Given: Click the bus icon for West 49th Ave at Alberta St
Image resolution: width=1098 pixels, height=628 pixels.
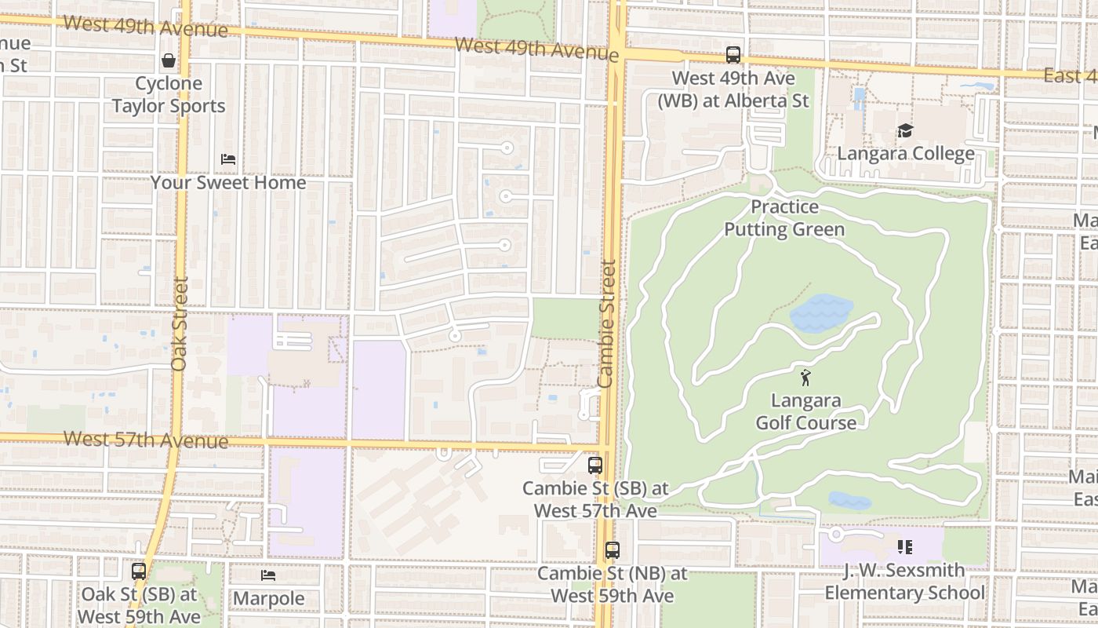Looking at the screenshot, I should pyautogui.click(x=733, y=55).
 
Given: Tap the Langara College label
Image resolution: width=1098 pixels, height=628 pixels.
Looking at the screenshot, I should pyautogui.click(x=906, y=153).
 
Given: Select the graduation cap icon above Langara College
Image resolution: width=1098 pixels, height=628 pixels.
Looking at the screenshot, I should pyautogui.click(x=906, y=130).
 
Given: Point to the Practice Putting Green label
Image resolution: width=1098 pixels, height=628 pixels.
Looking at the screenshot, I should pyautogui.click(x=784, y=218).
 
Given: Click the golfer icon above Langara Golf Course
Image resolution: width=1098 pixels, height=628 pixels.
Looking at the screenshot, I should pyautogui.click(x=805, y=378).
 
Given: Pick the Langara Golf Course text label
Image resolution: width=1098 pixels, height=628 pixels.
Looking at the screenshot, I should pyautogui.click(x=805, y=411).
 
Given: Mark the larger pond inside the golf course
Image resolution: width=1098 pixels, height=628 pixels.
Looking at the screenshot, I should pyautogui.click(x=820, y=313).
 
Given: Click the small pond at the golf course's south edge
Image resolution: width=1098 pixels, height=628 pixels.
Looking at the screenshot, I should pyautogui.click(x=849, y=501).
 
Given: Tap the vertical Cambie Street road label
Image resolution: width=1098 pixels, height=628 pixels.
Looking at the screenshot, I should pyautogui.click(x=606, y=323).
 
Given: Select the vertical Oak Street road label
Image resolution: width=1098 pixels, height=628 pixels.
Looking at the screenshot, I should pyautogui.click(x=180, y=323).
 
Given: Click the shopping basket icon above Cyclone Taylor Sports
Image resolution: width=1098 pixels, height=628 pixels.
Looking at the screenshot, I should pyautogui.click(x=169, y=60).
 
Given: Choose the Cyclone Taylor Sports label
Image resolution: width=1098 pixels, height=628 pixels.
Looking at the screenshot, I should pyautogui.click(x=169, y=94).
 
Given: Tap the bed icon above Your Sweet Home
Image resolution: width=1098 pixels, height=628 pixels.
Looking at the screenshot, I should pyautogui.click(x=228, y=159).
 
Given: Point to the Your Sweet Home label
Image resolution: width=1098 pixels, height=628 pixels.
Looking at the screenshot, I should pyautogui.click(x=228, y=182).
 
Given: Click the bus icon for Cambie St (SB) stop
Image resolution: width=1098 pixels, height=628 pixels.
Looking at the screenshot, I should pyautogui.click(x=594, y=465).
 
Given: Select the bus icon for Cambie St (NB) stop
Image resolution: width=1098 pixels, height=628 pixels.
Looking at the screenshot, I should pyautogui.click(x=612, y=550).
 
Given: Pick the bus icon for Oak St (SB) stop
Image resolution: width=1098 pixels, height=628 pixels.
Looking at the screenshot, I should pyautogui.click(x=139, y=571).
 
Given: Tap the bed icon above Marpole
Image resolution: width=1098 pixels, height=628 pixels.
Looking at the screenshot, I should pyautogui.click(x=268, y=575).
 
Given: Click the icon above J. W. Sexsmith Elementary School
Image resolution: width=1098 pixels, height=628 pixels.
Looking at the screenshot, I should pyautogui.click(x=904, y=547).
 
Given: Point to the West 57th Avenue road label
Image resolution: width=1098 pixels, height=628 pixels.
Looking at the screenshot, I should pyautogui.click(x=146, y=440).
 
